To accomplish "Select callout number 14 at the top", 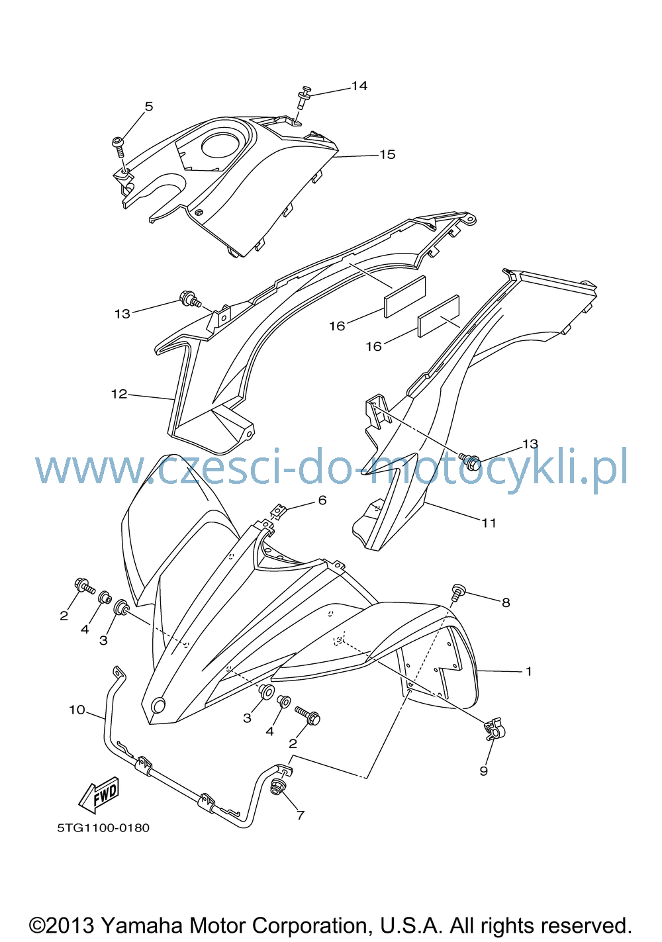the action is click(359, 86).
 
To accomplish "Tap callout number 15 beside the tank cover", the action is click(387, 154).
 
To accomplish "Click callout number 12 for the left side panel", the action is click(119, 394).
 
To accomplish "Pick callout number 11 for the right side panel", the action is click(489, 523).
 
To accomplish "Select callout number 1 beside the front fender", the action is click(529, 671).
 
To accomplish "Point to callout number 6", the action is click(322, 500).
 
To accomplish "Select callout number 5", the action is click(149, 107).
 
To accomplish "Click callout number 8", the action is click(506, 602).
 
